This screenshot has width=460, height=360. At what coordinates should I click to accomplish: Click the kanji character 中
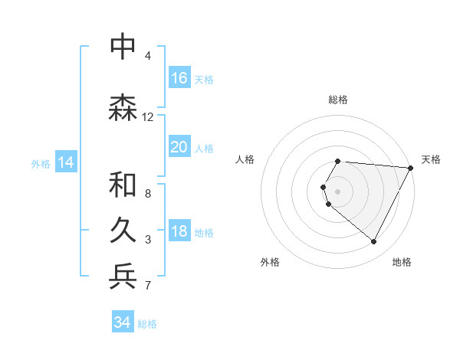123,46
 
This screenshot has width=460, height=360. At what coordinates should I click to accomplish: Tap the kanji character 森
123,107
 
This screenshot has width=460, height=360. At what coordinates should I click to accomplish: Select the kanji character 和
123,184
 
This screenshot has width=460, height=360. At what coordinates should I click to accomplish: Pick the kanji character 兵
123,276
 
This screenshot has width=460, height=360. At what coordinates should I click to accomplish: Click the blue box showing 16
179,78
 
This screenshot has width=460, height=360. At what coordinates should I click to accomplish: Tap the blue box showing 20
179,147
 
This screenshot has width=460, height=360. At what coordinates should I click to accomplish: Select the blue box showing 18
179,232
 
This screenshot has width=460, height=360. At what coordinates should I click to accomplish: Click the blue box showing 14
66,162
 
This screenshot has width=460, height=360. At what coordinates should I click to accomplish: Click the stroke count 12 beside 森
148,117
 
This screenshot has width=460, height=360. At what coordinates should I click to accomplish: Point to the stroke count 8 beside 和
148,194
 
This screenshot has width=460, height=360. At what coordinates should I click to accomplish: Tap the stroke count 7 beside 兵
148,286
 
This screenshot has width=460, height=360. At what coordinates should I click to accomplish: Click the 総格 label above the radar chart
338,100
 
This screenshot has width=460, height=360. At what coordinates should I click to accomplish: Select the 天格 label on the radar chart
431,159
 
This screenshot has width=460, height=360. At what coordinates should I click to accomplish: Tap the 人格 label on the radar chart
245,159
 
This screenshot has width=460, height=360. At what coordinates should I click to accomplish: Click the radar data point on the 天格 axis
411,168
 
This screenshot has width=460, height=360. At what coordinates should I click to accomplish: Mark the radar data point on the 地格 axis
374,242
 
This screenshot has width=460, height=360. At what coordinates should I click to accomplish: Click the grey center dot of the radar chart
338,191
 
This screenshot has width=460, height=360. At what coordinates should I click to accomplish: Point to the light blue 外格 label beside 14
41,163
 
